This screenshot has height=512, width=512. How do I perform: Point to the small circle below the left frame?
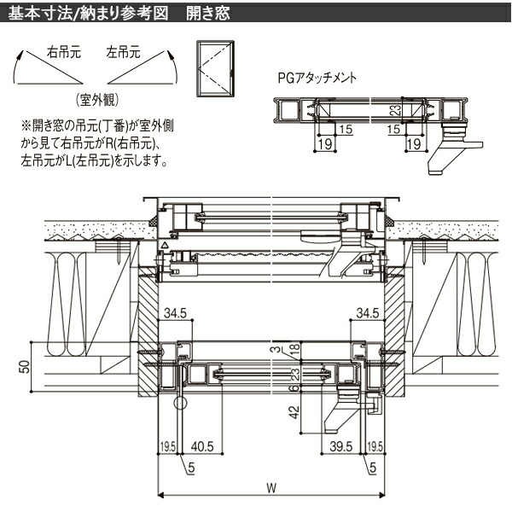point(181,402)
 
